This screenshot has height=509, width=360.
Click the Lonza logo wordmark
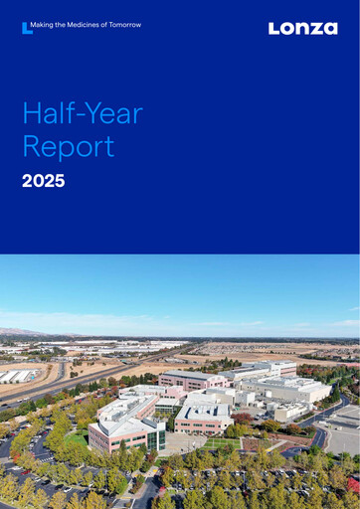pos(302,29)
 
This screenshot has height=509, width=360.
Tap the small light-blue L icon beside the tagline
pos(26,28)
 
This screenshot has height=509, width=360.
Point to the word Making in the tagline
pos(44,24)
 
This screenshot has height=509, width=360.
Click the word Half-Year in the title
pos(83,113)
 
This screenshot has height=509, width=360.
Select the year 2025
pos(43,181)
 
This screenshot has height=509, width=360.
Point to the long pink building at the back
pos(194,380)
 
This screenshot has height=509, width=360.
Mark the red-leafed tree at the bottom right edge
pos(353,484)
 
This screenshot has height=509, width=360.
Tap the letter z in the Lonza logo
pos(314,29)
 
